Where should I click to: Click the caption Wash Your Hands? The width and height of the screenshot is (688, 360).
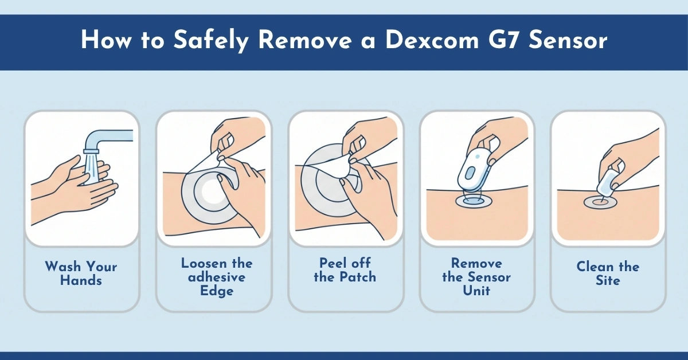tap(81, 273)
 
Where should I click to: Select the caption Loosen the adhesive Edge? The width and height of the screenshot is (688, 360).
tap(217, 277)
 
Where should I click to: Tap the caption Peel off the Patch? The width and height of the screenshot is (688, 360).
tap(345, 270)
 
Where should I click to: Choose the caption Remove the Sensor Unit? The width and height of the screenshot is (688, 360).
tap(476, 277)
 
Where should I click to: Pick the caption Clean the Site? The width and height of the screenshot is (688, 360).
tap(608, 273)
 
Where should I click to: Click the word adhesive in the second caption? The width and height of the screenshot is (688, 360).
tap(217, 277)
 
